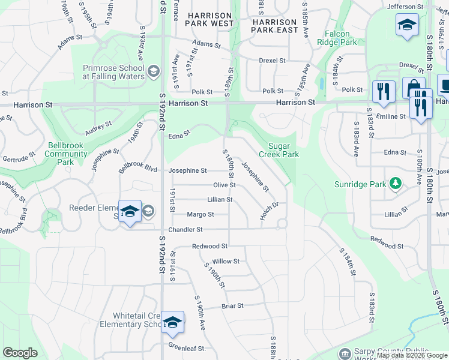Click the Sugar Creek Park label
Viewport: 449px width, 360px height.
(278, 150)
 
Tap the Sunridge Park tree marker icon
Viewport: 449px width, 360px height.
(396, 183)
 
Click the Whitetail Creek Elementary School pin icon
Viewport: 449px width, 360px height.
(172, 322)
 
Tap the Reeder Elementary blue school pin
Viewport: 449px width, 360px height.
(130, 211)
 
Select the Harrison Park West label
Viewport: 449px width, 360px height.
(209, 19)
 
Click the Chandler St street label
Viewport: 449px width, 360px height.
(185, 229)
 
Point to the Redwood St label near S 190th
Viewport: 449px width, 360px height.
(209, 246)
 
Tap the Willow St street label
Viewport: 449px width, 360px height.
(226, 261)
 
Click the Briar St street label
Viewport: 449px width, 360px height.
(232, 305)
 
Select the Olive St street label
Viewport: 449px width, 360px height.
(224, 185)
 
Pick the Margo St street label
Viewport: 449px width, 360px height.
(200, 214)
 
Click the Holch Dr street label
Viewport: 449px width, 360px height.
(270, 211)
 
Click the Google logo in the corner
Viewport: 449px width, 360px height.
(20, 353)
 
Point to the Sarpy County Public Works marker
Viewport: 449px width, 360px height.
(345, 353)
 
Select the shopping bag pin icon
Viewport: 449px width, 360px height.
(414, 86)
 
